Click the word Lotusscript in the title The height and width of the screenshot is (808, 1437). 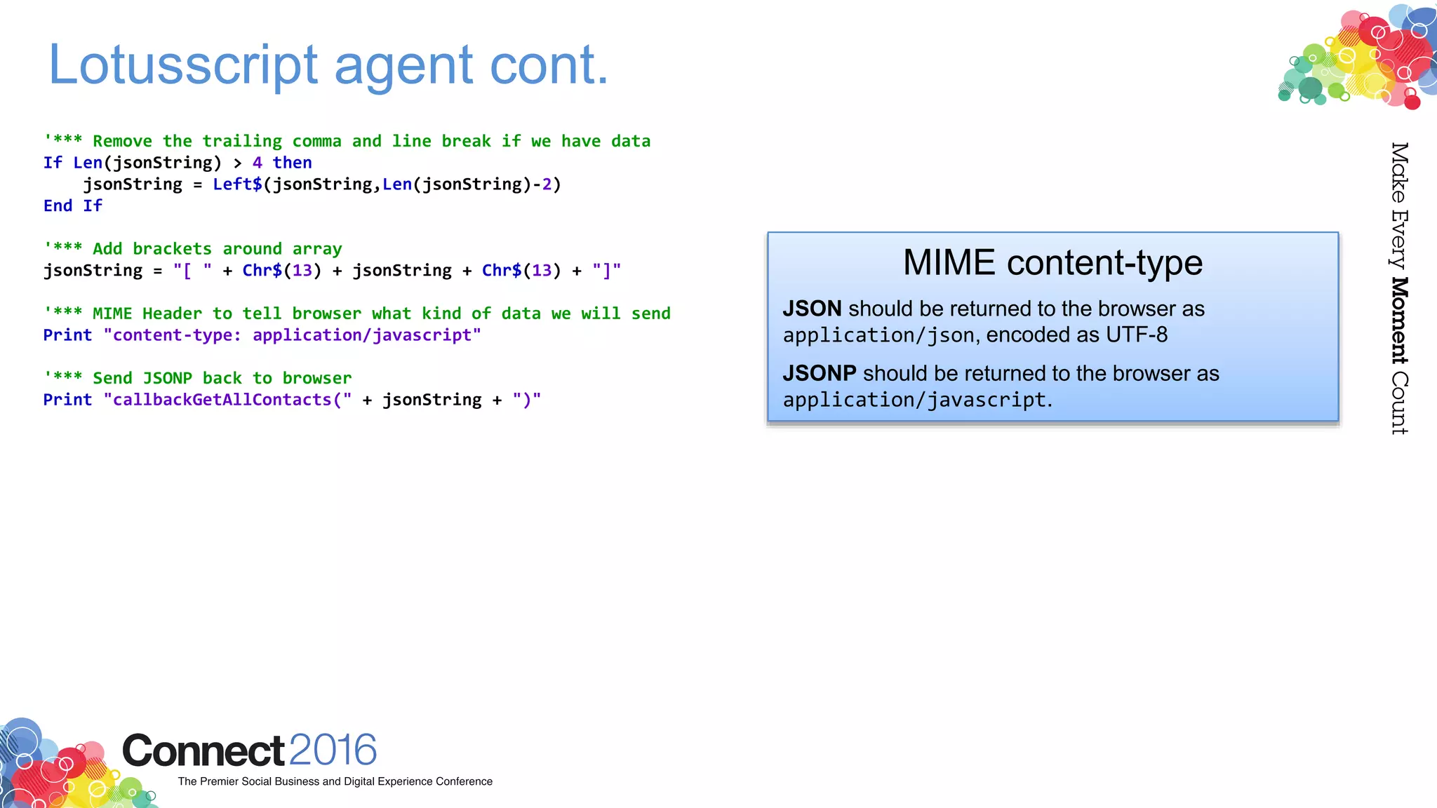(183, 65)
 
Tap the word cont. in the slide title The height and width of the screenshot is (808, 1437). (549, 65)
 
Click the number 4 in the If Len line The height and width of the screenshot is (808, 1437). (258, 163)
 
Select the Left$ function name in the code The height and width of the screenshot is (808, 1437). (237, 184)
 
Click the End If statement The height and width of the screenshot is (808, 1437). (73, 206)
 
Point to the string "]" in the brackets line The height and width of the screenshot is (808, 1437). (606, 271)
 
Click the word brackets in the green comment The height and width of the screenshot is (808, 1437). (172, 249)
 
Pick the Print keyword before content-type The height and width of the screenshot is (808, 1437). (67, 335)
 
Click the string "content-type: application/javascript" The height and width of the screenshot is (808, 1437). (292, 335)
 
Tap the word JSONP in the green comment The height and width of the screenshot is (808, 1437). (167, 379)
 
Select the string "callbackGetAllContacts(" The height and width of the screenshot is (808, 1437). (227, 400)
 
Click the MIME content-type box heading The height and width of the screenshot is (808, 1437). (1052, 263)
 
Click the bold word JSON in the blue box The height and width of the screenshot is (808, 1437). (812, 309)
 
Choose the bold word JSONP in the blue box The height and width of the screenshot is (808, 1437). (819, 373)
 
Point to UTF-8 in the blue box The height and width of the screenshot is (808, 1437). (1137, 335)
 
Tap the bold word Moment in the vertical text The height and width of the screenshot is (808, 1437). (1399, 321)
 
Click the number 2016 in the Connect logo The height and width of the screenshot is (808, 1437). (333, 750)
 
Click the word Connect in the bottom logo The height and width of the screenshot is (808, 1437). (203, 750)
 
